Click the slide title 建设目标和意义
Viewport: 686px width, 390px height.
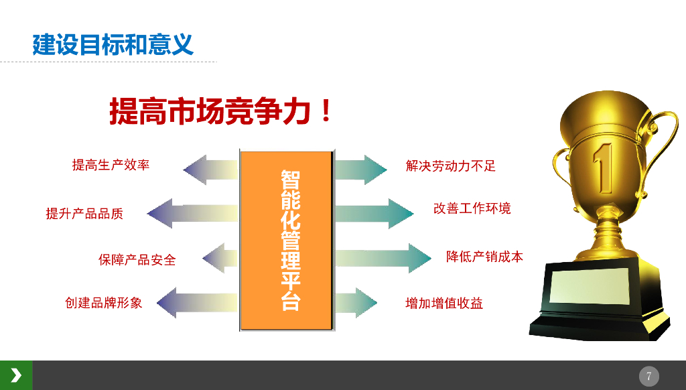(x=113, y=44)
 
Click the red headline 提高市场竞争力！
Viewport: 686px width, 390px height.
(x=221, y=111)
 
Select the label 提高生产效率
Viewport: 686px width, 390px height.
(x=111, y=165)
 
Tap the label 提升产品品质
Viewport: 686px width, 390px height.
(x=84, y=214)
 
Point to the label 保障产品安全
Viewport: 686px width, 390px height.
(x=137, y=259)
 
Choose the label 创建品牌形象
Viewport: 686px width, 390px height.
(x=104, y=303)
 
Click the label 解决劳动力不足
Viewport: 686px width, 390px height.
(x=451, y=166)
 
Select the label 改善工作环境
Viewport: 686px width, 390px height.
(x=472, y=208)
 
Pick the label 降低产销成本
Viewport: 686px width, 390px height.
(x=484, y=257)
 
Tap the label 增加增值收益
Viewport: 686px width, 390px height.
(x=444, y=304)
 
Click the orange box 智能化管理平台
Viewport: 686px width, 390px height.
(x=287, y=241)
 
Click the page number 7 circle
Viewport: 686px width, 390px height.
(x=648, y=376)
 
